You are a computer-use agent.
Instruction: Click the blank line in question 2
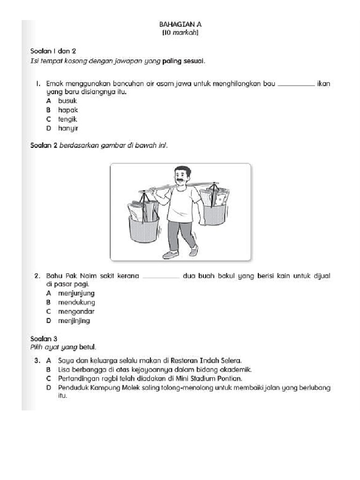160,277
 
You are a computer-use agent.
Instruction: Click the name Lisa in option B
64,369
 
